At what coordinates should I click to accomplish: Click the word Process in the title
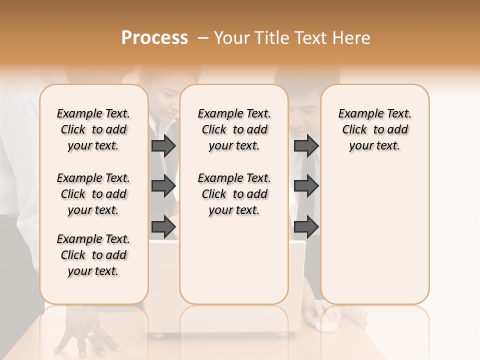[x=154, y=38]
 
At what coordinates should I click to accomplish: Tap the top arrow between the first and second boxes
[x=163, y=145]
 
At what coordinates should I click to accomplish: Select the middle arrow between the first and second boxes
[x=163, y=186]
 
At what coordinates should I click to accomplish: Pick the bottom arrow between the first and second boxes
[x=163, y=227]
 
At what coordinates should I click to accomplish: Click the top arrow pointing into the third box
[x=306, y=145]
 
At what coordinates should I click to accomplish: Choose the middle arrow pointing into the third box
[x=306, y=186]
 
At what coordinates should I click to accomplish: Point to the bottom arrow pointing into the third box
[x=306, y=227]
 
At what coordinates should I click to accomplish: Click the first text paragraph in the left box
[x=93, y=129]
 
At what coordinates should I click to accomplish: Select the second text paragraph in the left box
[x=93, y=194]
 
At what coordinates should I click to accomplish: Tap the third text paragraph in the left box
[x=93, y=255]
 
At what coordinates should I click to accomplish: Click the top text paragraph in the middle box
[x=234, y=129]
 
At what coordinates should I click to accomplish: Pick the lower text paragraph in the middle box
[x=234, y=194]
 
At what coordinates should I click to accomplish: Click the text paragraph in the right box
[x=374, y=129]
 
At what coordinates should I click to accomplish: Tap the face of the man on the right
[x=302, y=117]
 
